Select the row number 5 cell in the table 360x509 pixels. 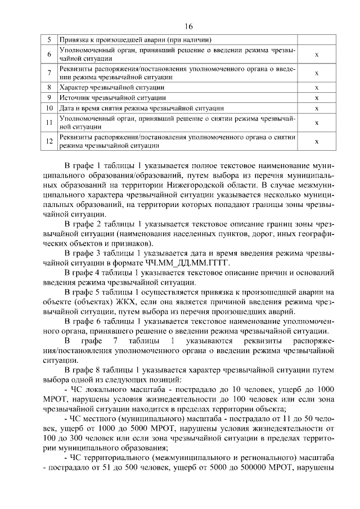point(49,40)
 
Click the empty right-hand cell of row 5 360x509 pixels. point(317,40)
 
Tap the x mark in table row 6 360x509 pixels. point(317,55)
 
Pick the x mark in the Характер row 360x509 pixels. point(317,88)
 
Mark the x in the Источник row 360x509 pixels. point(317,98)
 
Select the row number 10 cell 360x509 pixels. point(49,107)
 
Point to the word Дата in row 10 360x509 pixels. point(67,107)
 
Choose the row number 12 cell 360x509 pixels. point(49,141)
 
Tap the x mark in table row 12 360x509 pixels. point(317,141)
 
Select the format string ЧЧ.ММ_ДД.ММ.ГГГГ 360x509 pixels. point(183,263)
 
